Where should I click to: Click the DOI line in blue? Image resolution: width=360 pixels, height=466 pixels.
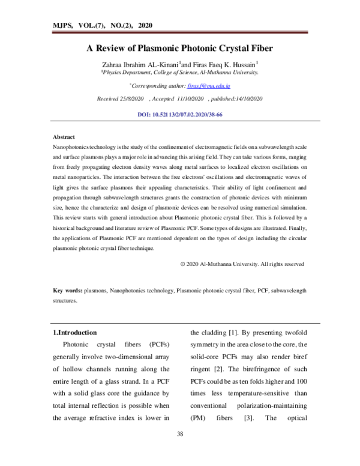[x=180, y=113]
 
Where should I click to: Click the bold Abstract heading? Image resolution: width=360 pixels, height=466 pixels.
[x=64, y=137]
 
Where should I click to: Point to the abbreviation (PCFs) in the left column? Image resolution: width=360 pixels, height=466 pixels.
[x=159, y=345]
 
